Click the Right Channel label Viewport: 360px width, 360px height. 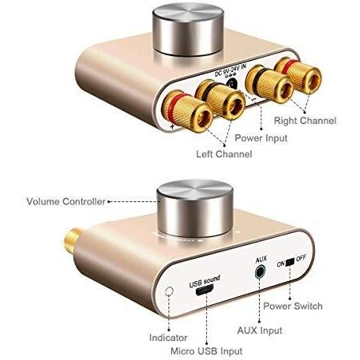(x=305, y=121)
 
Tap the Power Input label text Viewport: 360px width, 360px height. (x=261, y=138)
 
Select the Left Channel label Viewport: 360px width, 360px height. (x=224, y=154)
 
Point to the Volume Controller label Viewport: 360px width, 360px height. (x=66, y=201)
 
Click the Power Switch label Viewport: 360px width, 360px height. (x=293, y=306)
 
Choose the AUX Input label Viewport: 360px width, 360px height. (x=260, y=330)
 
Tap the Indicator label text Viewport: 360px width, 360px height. (x=168, y=338)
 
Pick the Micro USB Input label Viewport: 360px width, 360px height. (x=206, y=351)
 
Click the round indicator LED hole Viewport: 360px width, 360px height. (x=169, y=291)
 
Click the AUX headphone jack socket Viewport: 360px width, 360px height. (x=260, y=272)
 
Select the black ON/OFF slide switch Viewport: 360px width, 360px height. (x=290, y=262)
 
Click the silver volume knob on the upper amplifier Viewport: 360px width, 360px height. (x=188, y=29)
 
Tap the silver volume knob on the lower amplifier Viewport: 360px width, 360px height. (x=195, y=208)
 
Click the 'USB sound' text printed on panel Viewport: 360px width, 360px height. (x=204, y=281)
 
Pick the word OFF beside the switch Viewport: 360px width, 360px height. (x=301, y=258)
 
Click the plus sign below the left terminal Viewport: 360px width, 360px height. (x=172, y=126)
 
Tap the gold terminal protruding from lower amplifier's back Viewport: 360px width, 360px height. (x=73, y=239)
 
